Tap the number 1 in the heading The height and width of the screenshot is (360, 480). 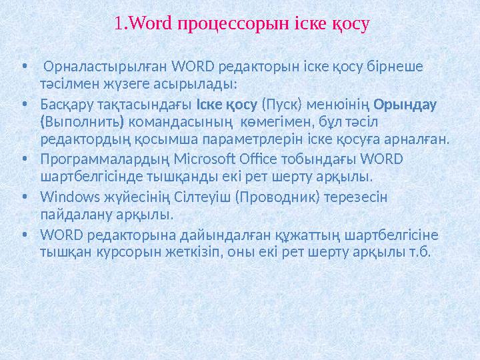(x=118, y=25)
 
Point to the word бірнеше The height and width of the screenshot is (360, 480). (x=401, y=67)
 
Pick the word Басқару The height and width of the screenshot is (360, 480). (x=67, y=105)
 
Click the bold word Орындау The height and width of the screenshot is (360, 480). (x=405, y=105)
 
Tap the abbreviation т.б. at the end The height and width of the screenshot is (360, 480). (x=421, y=252)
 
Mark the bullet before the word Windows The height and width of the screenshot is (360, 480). (x=24, y=197)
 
